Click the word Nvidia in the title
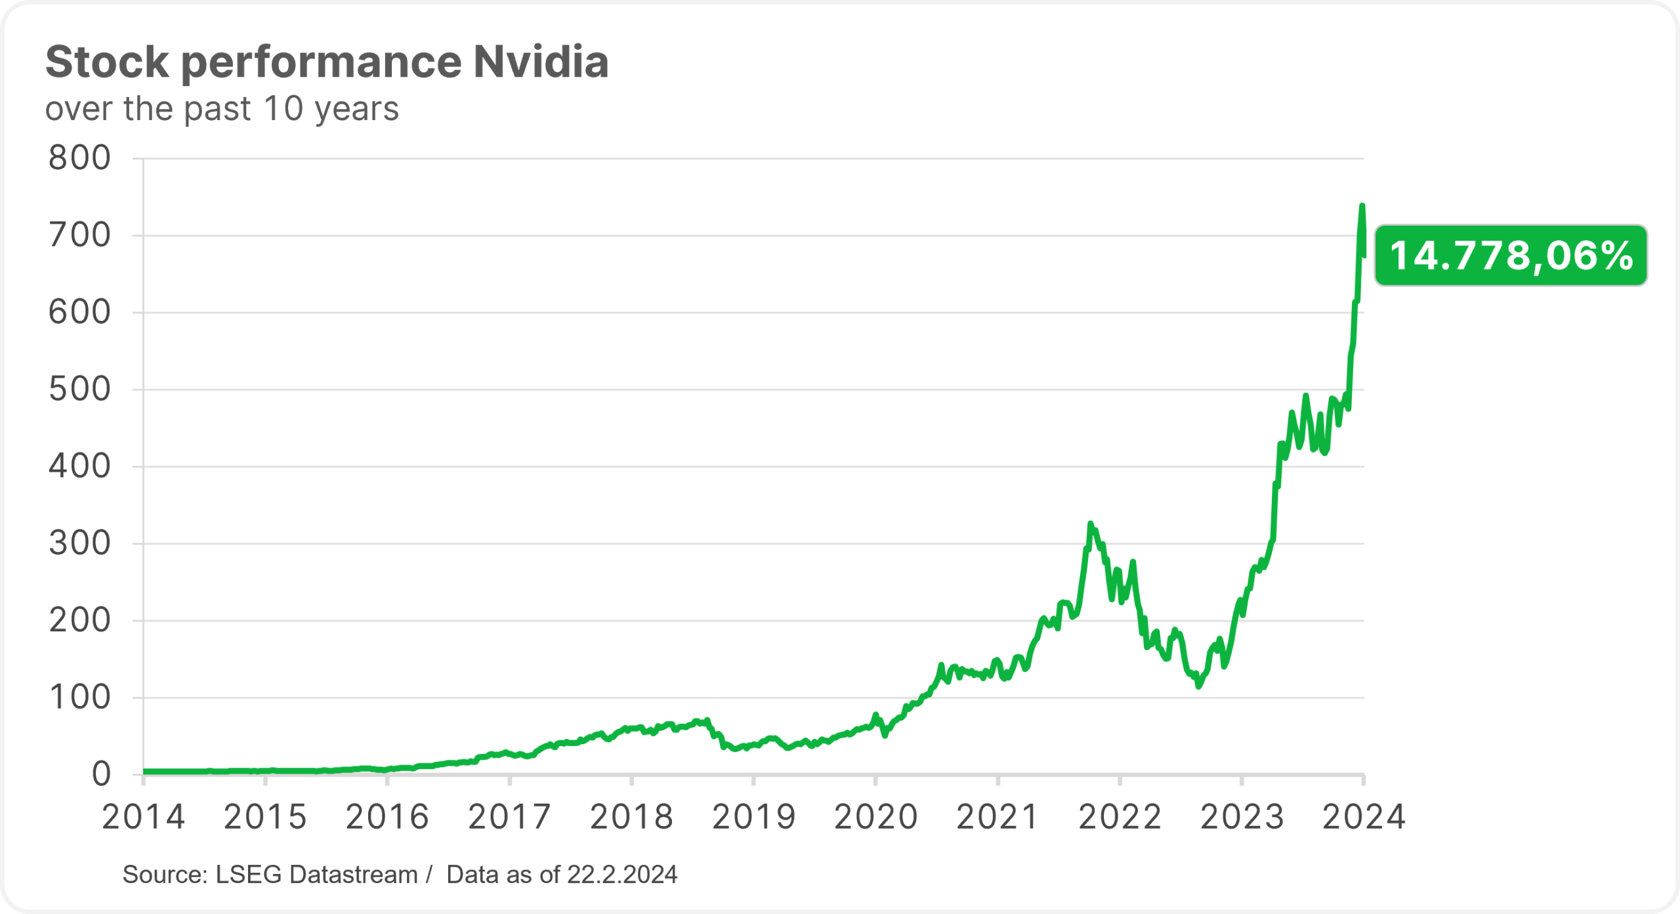pos(541,62)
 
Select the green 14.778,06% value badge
pos(1511,256)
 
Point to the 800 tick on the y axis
pos(79,158)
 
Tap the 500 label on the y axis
pos(79,390)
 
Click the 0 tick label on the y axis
pos(101,774)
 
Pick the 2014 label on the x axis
pos(143,818)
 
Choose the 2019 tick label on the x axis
pos(753,818)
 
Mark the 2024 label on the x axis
pos(1364,818)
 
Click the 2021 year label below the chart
pos(997,818)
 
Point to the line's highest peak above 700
pos(1362,207)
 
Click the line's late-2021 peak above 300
pos(1090,524)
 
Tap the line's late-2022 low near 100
pos(1199,686)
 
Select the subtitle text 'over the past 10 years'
pos(222,109)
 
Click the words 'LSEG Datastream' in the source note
pos(316,875)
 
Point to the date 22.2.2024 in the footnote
pos(622,875)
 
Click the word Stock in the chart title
pos(107,62)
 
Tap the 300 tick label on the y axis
pos(79,544)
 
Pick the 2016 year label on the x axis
pos(387,818)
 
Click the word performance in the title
pos(321,62)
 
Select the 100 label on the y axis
pos(79,697)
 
